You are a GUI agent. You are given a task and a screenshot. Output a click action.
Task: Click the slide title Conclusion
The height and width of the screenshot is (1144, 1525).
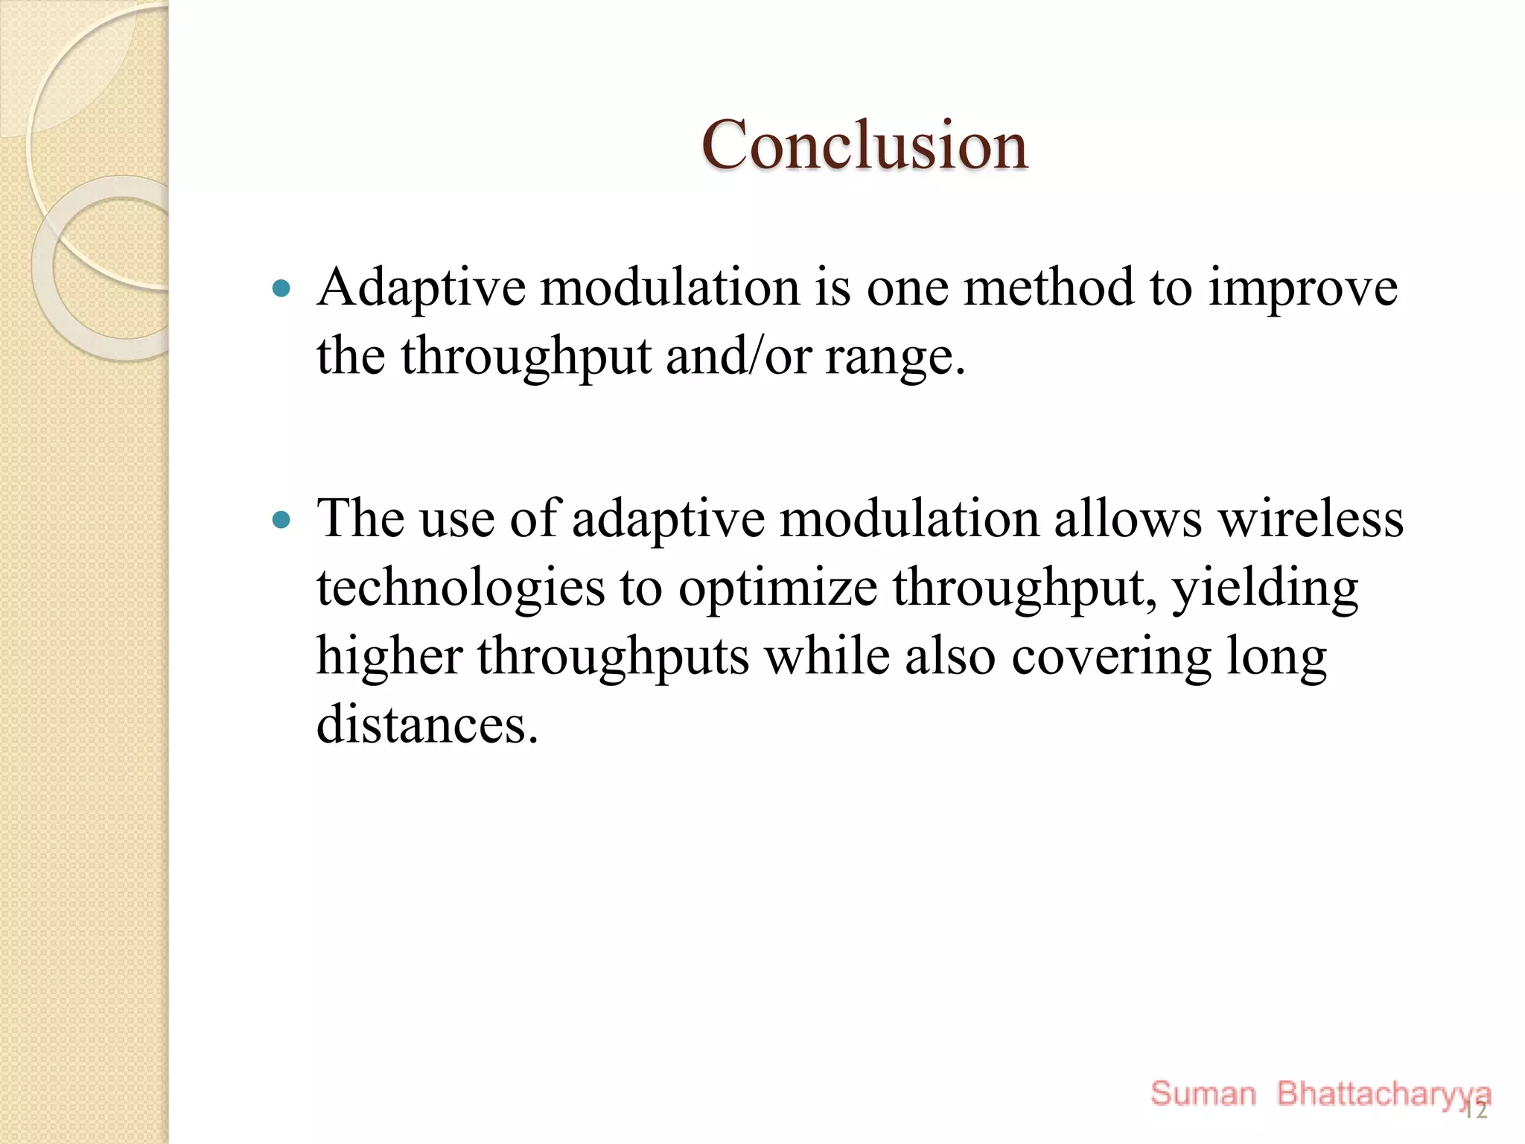pyautogui.click(x=864, y=145)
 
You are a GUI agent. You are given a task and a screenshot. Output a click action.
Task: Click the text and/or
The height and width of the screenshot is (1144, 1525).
pyautogui.click(x=737, y=356)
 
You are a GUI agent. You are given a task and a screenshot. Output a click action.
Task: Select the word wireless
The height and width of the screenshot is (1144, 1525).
pyautogui.click(x=1311, y=518)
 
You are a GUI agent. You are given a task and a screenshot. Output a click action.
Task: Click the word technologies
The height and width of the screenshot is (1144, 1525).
pyautogui.click(x=460, y=588)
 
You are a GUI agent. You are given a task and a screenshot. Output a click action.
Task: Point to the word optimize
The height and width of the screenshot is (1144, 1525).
pyautogui.click(x=777, y=588)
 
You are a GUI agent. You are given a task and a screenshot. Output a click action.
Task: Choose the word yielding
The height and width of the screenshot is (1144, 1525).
pyautogui.click(x=1265, y=588)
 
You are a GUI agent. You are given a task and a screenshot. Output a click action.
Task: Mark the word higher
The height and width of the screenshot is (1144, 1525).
pyautogui.click(x=389, y=657)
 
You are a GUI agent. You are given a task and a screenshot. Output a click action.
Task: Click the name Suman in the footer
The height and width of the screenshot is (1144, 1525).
pyautogui.click(x=1203, y=1093)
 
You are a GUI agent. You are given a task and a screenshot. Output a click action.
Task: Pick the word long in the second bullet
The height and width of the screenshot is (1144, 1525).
pyautogui.click(x=1276, y=657)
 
